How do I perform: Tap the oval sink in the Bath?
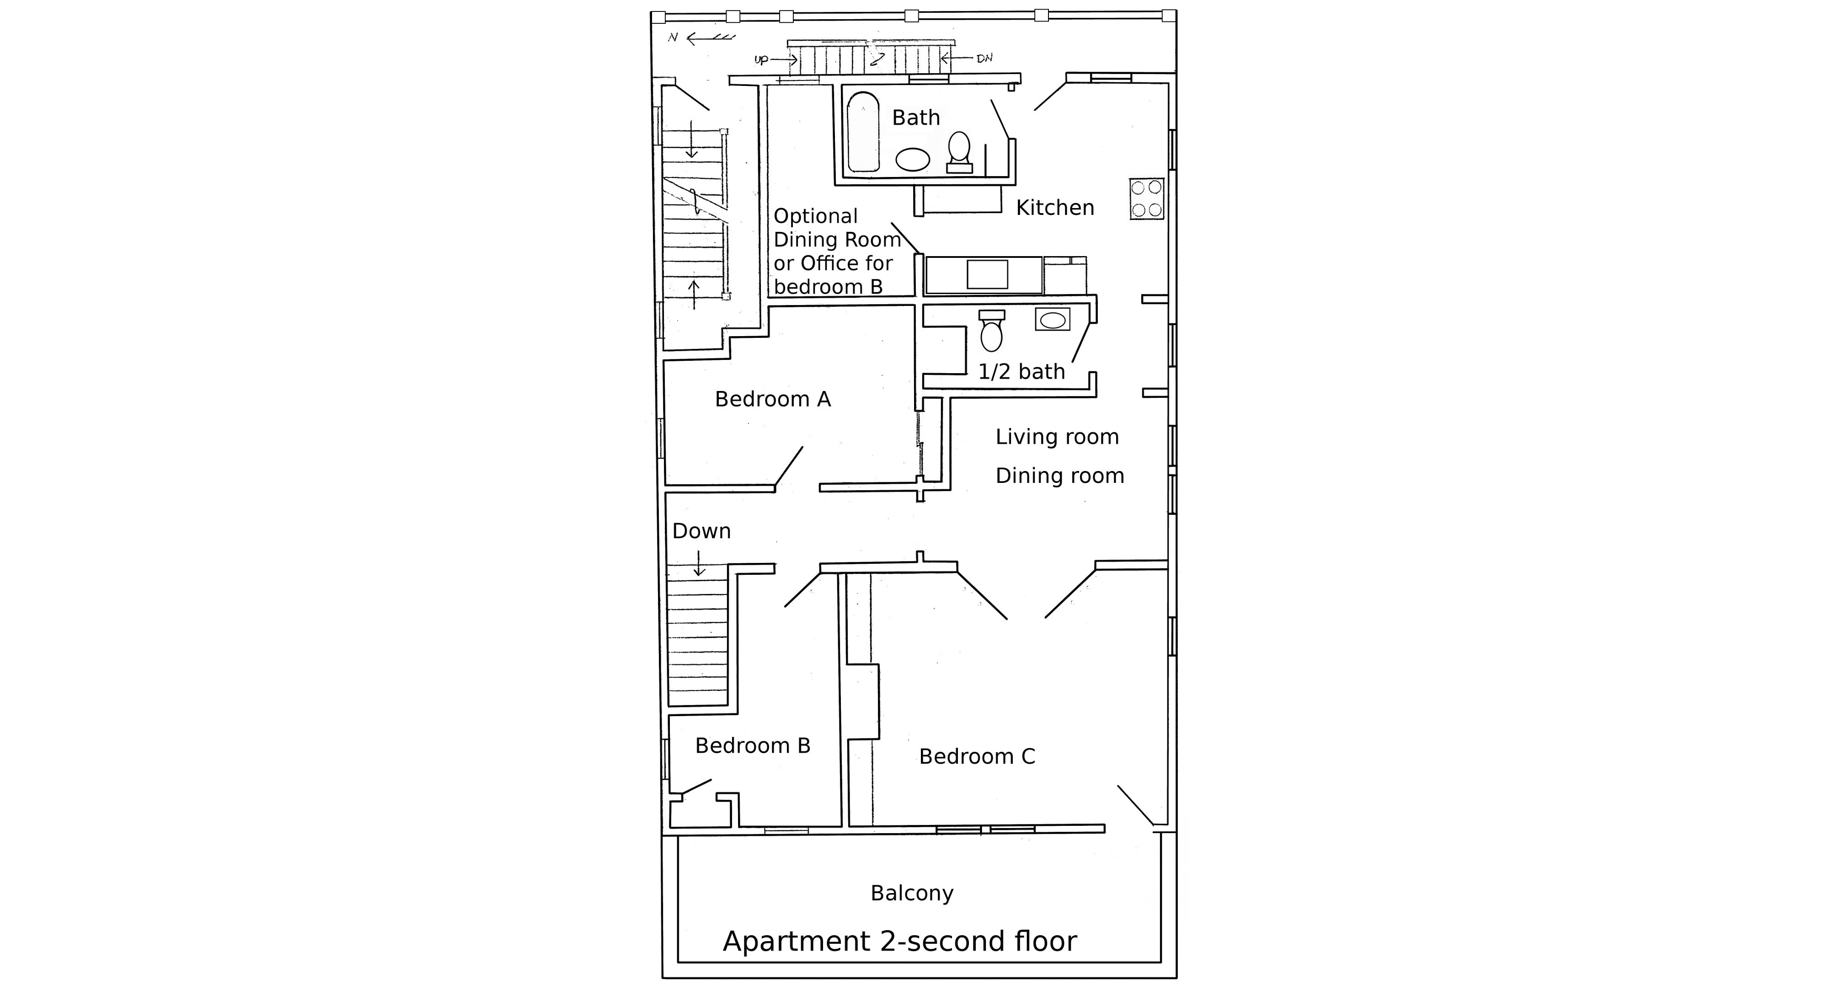point(912,160)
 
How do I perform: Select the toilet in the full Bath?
point(959,151)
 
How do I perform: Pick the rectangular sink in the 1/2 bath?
point(1052,320)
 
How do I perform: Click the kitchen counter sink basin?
point(987,274)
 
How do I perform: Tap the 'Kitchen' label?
point(1054,207)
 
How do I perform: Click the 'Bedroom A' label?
point(772,399)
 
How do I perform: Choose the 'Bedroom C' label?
point(977,756)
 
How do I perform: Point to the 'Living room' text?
point(1057,437)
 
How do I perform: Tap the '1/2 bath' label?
point(1021,371)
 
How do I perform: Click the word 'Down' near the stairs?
point(701,531)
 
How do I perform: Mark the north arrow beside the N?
point(711,37)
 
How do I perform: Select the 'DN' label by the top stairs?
point(984,58)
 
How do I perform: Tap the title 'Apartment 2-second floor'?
point(899,941)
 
